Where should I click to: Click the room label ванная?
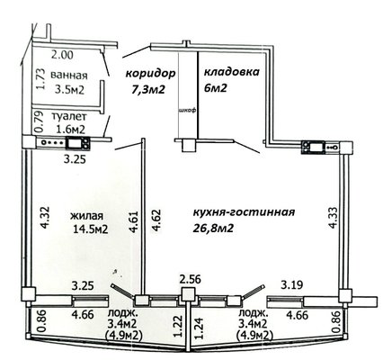point(69,76)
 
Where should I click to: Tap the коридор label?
point(150,74)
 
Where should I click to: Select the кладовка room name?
point(231,72)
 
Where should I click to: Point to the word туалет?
point(69,116)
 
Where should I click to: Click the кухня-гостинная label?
point(244,212)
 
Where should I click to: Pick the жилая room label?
point(87,216)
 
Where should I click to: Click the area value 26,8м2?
point(213,229)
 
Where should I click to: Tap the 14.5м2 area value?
point(90,229)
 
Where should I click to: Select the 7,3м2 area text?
point(148,89)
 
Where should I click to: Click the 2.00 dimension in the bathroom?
point(62,55)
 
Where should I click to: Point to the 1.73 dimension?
point(40,79)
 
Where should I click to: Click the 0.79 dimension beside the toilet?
point(39,122)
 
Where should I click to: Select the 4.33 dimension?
point(334,218)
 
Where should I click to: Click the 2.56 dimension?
point(190,279)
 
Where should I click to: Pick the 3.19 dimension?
point(291,283)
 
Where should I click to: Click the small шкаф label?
point(187,111)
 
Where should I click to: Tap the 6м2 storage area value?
point(215,88)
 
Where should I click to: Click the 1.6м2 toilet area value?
point(71,130)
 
